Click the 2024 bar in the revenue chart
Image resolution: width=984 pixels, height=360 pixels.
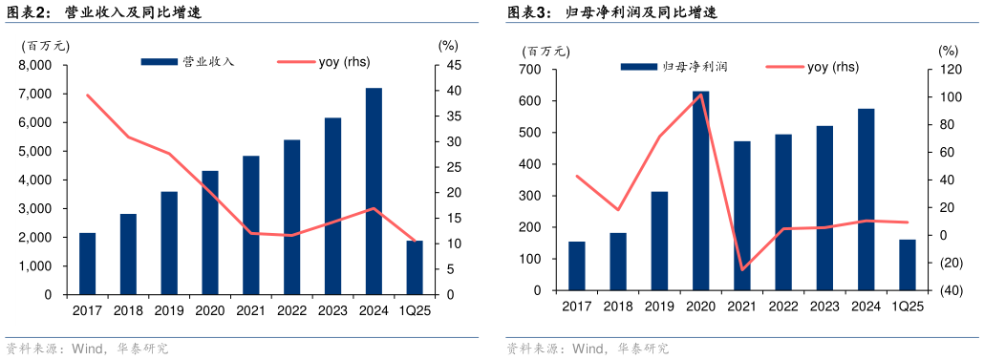tap(374, 191)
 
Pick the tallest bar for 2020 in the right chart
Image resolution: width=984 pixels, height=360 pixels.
tap(700, 191)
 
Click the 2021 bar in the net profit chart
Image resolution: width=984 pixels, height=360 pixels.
tap(741, 216)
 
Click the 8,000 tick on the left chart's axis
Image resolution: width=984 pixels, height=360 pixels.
tap(34, 65)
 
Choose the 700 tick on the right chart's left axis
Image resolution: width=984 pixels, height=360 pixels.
tap(531, 70)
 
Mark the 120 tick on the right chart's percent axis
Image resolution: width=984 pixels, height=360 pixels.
tap(949, 70)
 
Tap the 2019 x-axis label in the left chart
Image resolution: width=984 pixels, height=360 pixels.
tap(169, 310)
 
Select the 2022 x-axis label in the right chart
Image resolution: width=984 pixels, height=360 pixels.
tap(782, 306)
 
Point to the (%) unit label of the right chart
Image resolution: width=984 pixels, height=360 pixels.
tap(948, 50)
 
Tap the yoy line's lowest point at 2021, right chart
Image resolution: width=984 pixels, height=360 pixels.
tap(743, 269)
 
